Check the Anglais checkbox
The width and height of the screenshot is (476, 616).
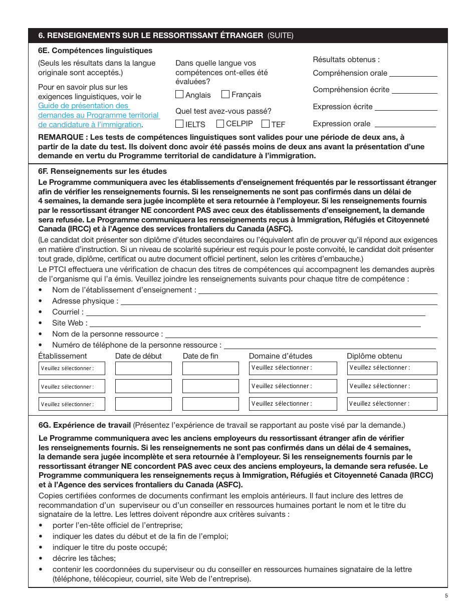click(x=179, y=94)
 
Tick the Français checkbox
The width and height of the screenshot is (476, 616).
click(x=225, y=94)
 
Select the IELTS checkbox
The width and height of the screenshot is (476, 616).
click(x=179, y=124)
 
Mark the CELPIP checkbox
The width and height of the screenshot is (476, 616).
click(x=220, y=124)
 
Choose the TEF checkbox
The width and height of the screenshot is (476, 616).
click(x=266, y=124)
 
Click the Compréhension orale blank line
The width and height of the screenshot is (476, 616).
click(x=413, y=74)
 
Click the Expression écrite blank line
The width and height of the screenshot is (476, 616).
click(x=406, y=107)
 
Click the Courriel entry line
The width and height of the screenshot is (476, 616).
click(x=256, y=313)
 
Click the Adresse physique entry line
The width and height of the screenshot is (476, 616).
click(x=279, y=301)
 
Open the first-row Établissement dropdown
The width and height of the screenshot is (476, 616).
click(x=72, y=368)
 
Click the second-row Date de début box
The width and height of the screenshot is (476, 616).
click(x=143, y=386)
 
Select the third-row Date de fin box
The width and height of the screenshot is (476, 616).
click(x=210, y=404)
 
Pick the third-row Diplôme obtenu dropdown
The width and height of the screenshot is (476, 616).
click(x=392, y=404)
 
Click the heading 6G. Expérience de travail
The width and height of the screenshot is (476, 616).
click(x=85, y=425)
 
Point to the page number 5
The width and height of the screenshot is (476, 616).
click(x=446, y=595)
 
